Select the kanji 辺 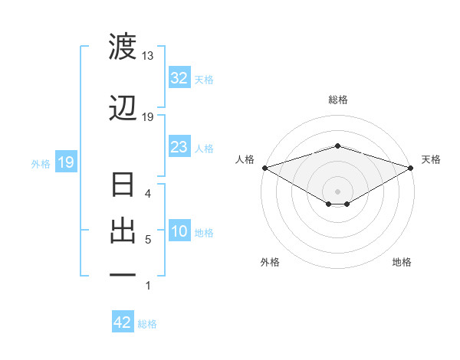pos(123,109)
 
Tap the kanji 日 pos(123,186)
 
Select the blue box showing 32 pos(179,79)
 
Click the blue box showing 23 pos(179,148)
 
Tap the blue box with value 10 pos(179,232)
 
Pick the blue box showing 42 pos(123,322)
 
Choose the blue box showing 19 pos(65,162)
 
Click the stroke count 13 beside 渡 pos(147,56)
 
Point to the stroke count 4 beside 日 pos(148,194)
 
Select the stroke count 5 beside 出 pos(148,240)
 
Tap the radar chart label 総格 pos(337,100)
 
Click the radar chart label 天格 pos(431,159)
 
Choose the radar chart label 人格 pos(245,159)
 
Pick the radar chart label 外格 pos(270,262)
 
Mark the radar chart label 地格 pos(402,262)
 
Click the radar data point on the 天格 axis pos(412,167)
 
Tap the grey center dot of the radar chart pos(337,191)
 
